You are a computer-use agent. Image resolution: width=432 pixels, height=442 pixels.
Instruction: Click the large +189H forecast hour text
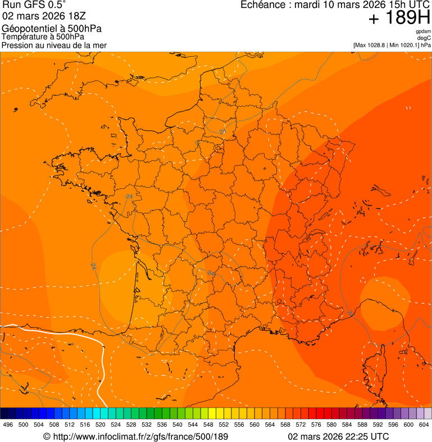tap(399, 19)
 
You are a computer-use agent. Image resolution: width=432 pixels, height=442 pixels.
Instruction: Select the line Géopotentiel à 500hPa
tap(52, 29)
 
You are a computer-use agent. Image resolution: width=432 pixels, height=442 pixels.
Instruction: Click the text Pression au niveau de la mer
tap(54, 45)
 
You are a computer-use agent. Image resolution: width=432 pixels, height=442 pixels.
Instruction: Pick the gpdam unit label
tap(423, 31)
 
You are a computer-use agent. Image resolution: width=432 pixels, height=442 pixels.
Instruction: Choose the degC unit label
tap(424, 38)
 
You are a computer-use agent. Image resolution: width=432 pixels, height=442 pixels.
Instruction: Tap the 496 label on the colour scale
tap(8, 425)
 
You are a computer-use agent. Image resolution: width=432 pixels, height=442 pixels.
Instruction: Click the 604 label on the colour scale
tap(424, 425)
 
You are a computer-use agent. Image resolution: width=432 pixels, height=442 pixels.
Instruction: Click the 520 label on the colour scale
tap(101, 425)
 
